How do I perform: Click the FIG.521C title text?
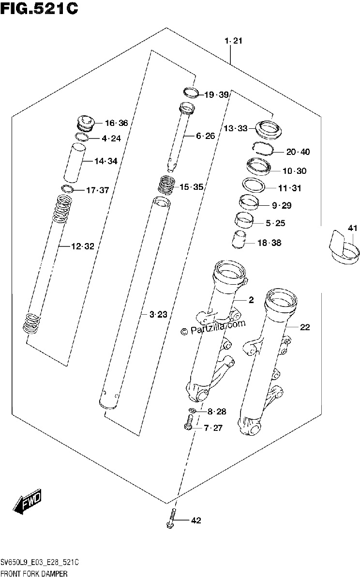[x=39, y=9]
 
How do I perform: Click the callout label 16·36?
[x=117, y=123]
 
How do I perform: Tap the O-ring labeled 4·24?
[x=82, y=137]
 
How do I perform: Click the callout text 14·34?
[x=106, y=161]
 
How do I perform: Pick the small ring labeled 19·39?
[x=191, y=92]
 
